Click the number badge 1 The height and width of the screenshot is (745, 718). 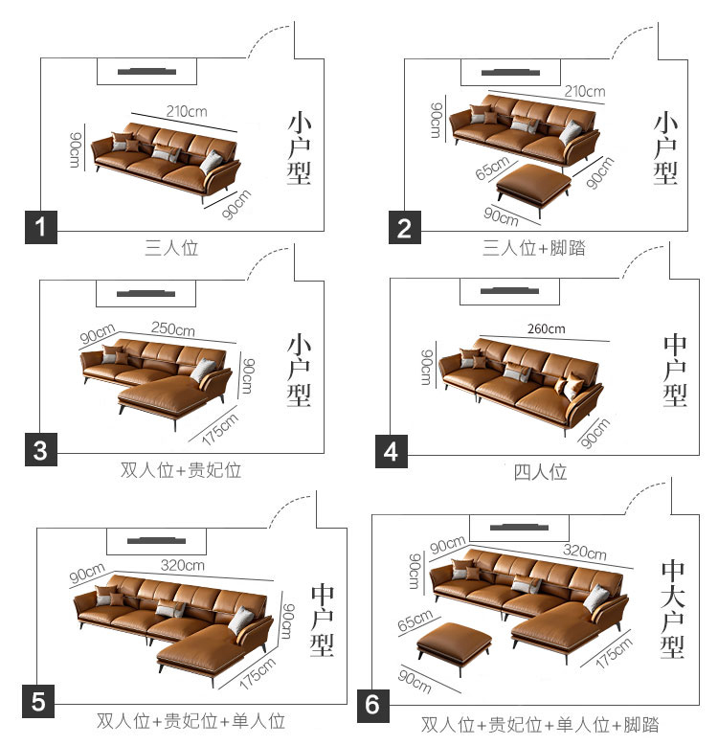click(x=41, y=227)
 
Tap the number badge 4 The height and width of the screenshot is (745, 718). click(x=392, y=451)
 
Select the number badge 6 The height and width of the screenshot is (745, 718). click(x=373, y=706)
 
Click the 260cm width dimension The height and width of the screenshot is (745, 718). click(x=546, y=328)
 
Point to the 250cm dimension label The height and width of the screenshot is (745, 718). click(x=173, y=328)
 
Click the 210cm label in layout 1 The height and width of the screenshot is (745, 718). click(x=187, y=112)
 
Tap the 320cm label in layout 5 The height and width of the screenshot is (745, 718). click(x=183, y=565)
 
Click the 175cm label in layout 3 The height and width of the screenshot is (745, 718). click(x=219, y=429)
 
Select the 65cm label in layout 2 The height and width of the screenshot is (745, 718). click(x=492, y=168)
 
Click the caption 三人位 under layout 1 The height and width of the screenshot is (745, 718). click(x=171, y=248)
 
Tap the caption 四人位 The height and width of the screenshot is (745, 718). click(x=540, y=472)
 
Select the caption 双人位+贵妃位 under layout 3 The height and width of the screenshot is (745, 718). click(x=181, y=470)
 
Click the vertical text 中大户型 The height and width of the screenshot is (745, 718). click(x=673, y=609)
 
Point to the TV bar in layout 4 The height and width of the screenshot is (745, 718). click(x=509, y=291)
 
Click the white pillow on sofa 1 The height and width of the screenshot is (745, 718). click(x=211, y=163)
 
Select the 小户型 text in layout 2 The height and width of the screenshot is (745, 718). click(x=665, y=148)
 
